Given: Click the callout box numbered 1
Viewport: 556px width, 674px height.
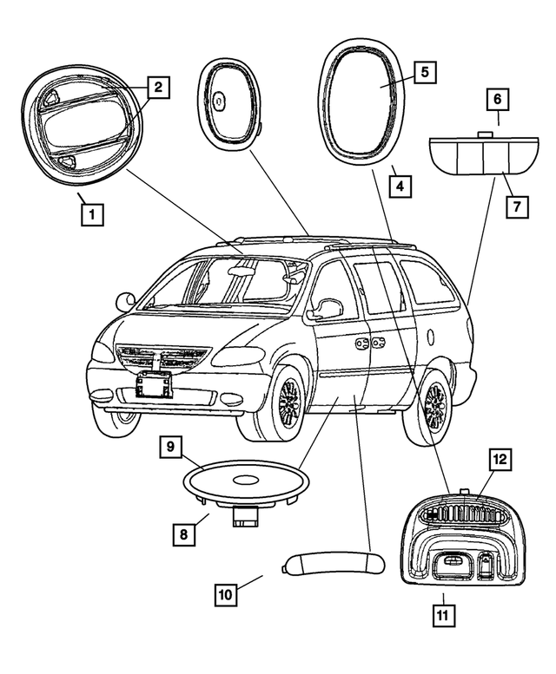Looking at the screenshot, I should [x=92, y=213].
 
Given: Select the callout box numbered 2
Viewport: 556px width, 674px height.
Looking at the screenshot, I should [x=157, y=87].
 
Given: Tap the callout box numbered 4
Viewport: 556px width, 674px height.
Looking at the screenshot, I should [x=400, y=186].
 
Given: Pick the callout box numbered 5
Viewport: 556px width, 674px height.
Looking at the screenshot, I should [x=424, y=72].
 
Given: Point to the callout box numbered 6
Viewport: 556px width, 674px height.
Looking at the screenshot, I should [x=497, y=99].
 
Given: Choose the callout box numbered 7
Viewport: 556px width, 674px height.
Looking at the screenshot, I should [x=517, y=206].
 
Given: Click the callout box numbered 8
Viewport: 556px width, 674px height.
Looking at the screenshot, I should [x=183, y=534].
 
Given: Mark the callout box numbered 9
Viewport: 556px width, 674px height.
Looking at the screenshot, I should [x=171, y=448].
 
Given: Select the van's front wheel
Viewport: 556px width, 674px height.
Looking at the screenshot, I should [x=286, y=402].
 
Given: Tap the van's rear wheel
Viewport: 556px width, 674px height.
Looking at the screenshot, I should [x=435, y=407].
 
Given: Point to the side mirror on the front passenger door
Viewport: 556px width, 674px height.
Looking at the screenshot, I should [x=330, y=308].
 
